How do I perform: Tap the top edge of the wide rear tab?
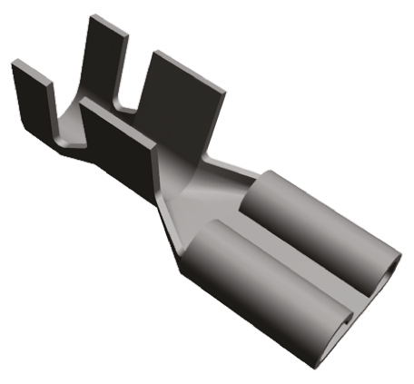tap(186, 64)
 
